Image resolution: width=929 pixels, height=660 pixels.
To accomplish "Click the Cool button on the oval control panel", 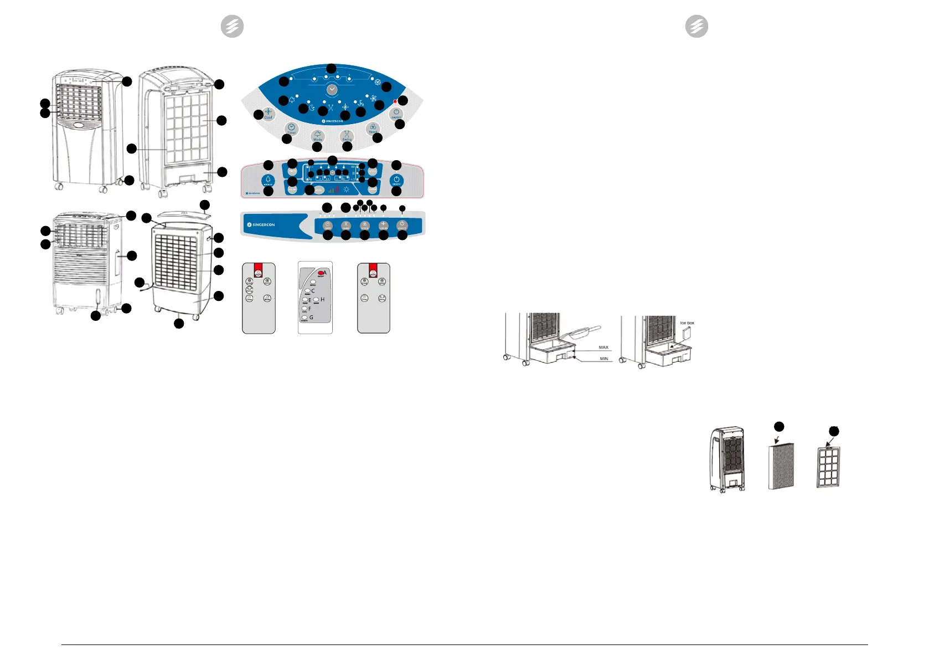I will [x=269, y=113].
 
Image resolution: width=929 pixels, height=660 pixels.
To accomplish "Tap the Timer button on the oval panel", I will [x=291, y=129].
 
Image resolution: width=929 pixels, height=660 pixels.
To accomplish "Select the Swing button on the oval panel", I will [x=347, y=136].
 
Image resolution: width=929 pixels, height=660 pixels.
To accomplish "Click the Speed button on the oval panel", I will [x=373, y=129].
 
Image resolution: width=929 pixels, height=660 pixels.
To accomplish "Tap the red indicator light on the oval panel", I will [x=395, y=102].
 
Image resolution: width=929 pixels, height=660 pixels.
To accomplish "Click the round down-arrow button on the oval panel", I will [x=332, y=89].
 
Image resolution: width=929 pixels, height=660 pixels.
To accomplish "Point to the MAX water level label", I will [x=603, y=347].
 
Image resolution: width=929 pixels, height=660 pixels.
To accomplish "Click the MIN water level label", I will [x=603, y=359].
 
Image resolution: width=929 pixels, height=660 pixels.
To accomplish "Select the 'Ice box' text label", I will [x=687, y=323].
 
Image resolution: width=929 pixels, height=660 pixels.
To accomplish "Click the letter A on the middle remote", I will [x=325, y=273].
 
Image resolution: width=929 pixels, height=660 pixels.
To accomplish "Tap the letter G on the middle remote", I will [x=311, y=318].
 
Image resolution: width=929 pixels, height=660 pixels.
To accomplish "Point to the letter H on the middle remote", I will [x=322, y=300].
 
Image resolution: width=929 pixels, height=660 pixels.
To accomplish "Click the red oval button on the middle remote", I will [x=321, y=273].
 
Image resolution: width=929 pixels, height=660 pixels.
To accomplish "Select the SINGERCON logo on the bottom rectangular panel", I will [x=261, y=225].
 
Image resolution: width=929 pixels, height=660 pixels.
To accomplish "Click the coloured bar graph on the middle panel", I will [x=333, y=190].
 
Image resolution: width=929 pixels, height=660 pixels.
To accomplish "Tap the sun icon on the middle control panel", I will [x=347, y=190].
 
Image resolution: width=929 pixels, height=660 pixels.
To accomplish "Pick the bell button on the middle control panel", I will [x=268, y=181].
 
